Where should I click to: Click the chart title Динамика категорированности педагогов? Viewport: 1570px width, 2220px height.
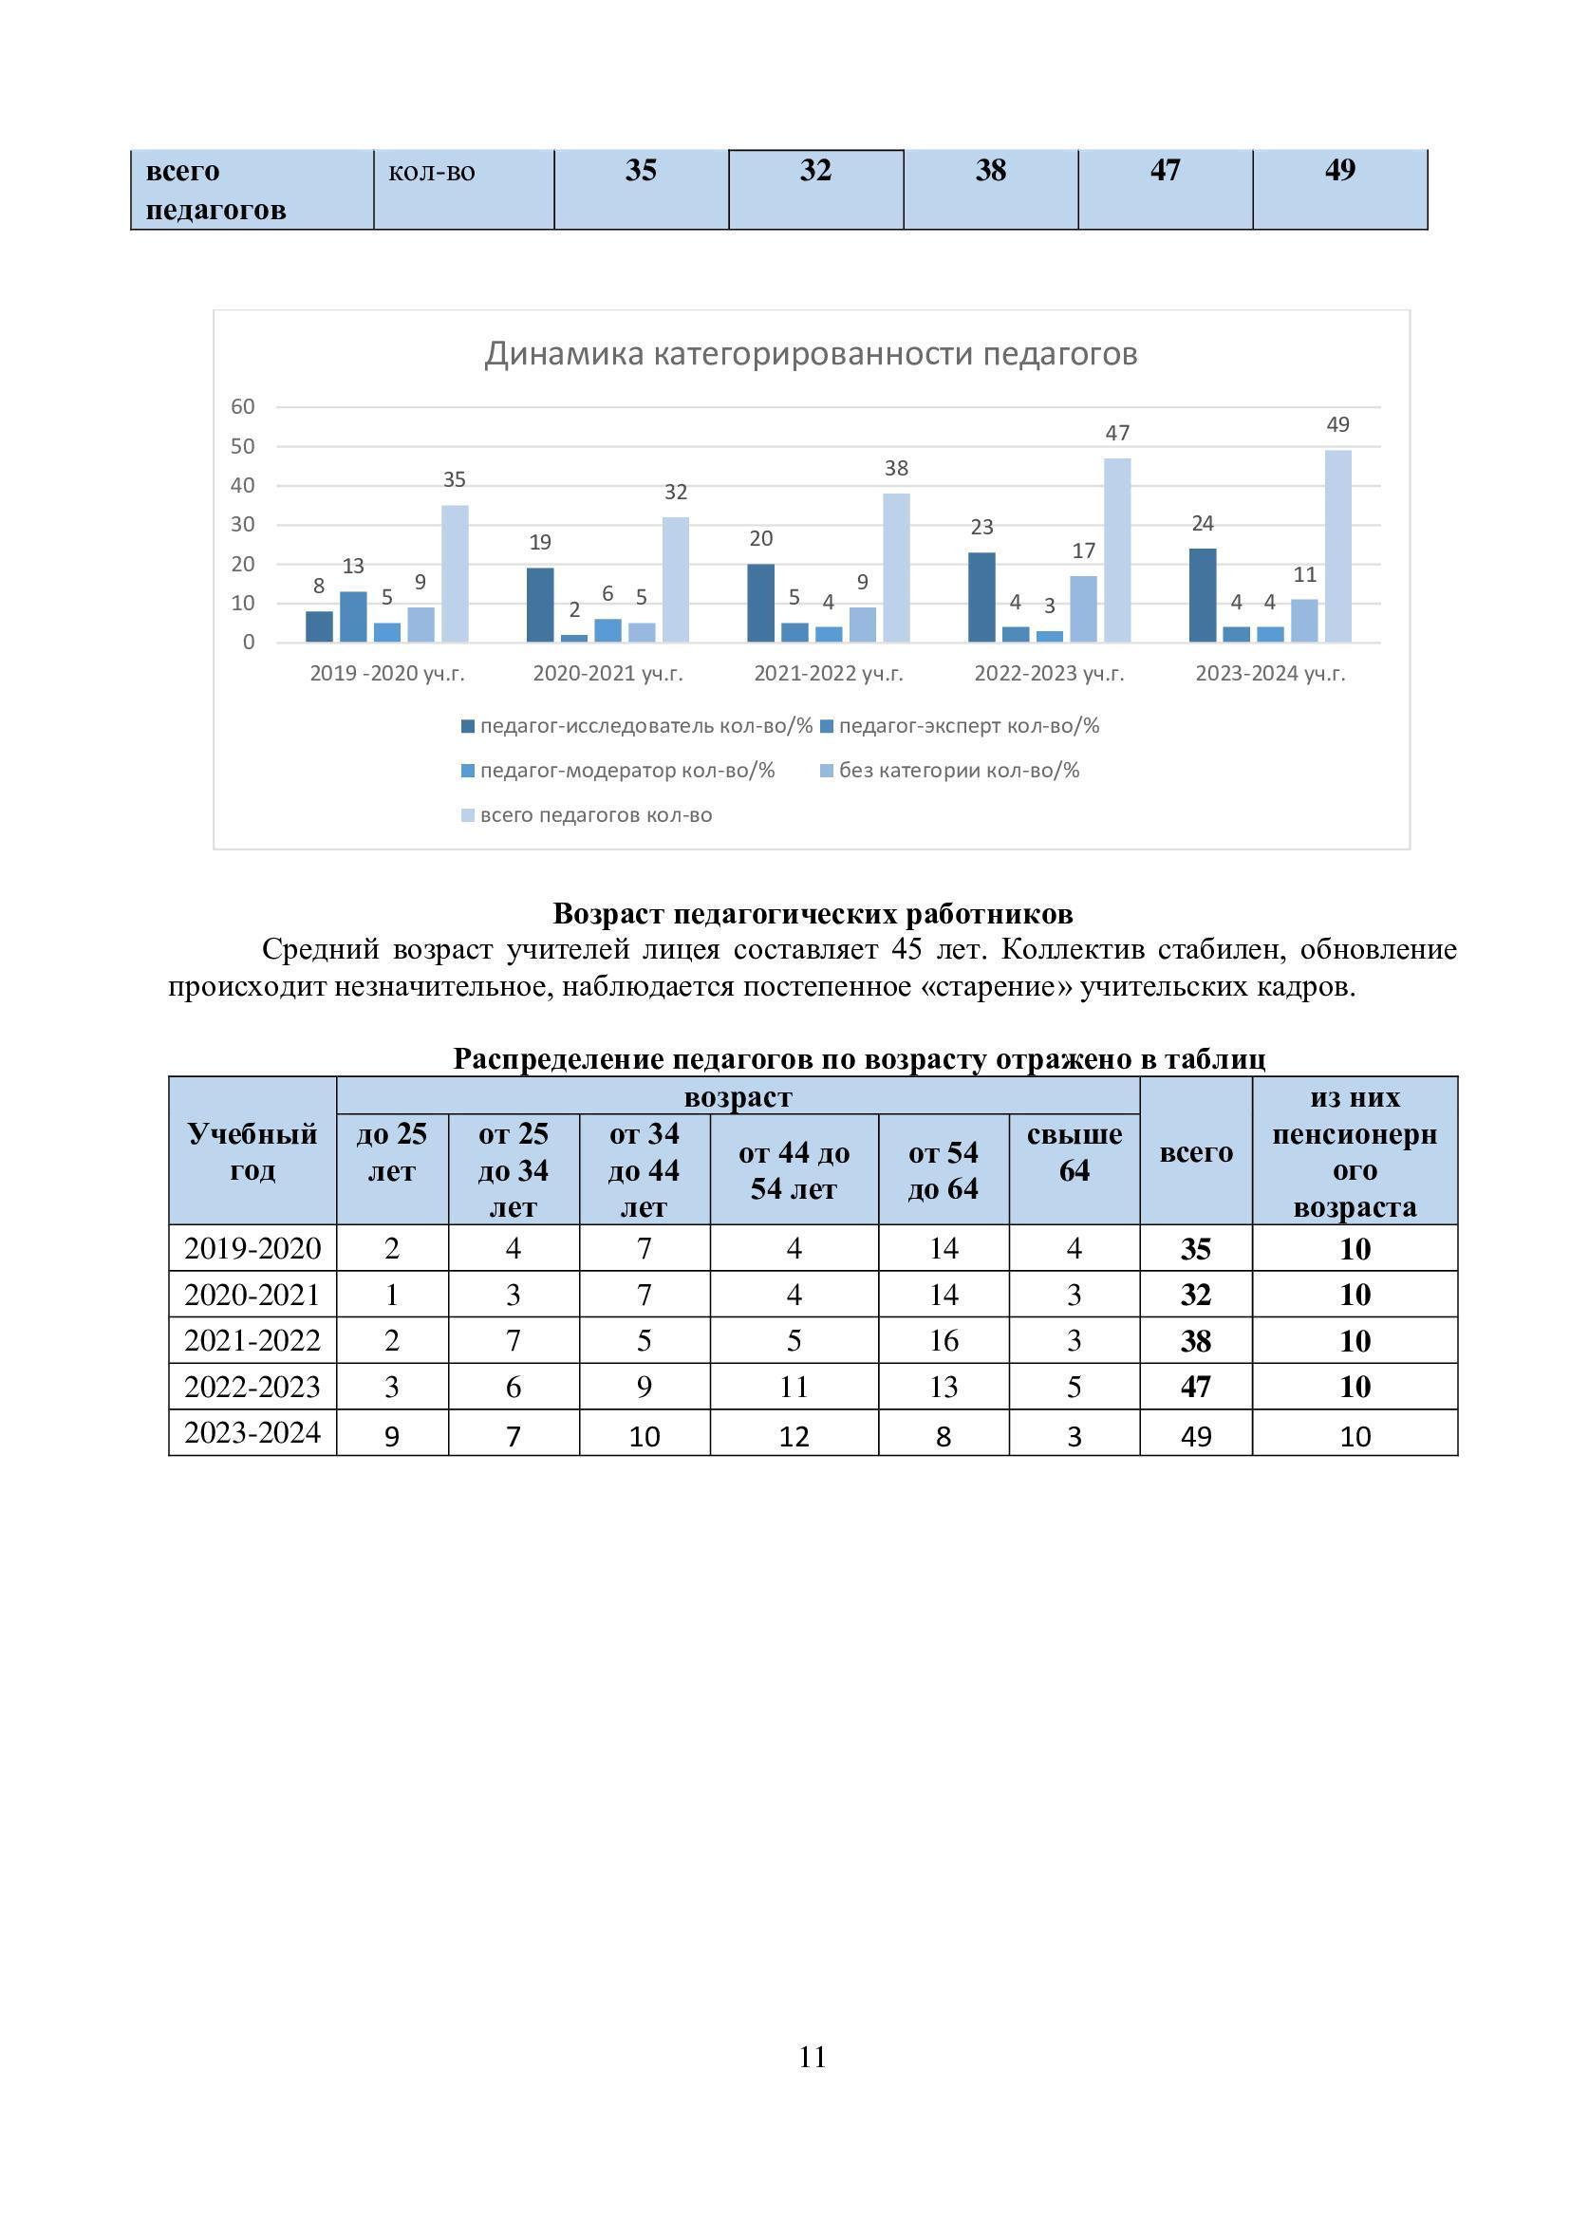pyautogui.click(x=810, y=354)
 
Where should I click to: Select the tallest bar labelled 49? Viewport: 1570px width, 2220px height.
pyautogui.click(x=1338, y=546)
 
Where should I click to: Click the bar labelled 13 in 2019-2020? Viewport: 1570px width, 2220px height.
pyautogui.click(x=353, y=617)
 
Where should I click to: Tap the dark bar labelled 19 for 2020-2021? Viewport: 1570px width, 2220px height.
pyautogui.click(x=540, y=605)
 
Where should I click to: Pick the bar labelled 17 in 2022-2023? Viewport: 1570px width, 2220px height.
pyautogui.click(x=1083, y=609)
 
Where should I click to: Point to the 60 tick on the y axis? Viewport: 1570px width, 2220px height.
pyautogui.click(x=243, y=407)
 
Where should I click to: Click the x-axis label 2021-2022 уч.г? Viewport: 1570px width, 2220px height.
pyautogui.click(x=829, y=674)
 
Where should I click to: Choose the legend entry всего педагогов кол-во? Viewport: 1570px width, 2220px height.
pyautogui.click(x=595, y=815)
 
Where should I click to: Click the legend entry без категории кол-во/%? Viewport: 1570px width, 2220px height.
pyautogui.click(x=959, y=771)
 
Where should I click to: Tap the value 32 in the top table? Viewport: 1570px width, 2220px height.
pyautogui.click(x=815, y=171)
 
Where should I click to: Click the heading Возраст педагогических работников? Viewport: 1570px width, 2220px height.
pyautogui.click(x=813, y=913)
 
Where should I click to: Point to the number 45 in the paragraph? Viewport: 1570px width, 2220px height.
pyautogui.click(x=906, y=949)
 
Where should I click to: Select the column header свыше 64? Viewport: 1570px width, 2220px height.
pyautogui.click(x=1075, y=1151)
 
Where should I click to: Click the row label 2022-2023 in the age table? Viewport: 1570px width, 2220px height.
pyautogui.click(x=252, y=1387)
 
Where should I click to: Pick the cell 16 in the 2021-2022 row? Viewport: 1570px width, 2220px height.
pyautogui.click(x=943, y=1340)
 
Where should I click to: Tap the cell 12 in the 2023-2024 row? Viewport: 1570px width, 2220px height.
pyautogui.click(x=794, y=1436)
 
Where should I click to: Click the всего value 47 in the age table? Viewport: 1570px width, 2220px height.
pyautogui.click(x=1195, y=1387)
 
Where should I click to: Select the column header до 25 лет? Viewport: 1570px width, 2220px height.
pyautogui.click(x=391, y=1151)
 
